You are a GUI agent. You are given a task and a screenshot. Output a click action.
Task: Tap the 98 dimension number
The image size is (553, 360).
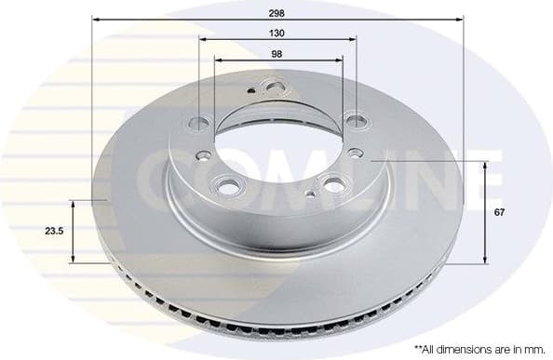click(278, 53)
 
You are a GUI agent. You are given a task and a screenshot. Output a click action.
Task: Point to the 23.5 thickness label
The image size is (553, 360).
click(53, 232)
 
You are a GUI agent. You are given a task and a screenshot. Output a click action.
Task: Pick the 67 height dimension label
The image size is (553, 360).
click(501, 213)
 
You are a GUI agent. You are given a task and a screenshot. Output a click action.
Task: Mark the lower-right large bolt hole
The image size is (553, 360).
click(331, 183)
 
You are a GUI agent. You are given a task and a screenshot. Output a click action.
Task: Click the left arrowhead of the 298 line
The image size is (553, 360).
click(96, 17)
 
